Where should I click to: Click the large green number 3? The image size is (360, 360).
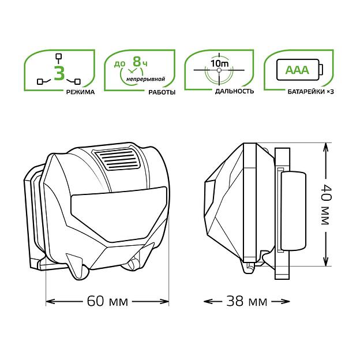point(59,73)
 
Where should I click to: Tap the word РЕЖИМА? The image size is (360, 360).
point(80,92)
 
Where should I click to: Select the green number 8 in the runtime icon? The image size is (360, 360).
point(137,62)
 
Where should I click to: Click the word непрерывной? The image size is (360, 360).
point(145,79)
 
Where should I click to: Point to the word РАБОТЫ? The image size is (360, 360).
point(162,92)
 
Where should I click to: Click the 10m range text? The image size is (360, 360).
point(219,63)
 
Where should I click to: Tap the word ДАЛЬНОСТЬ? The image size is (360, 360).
point(234,91)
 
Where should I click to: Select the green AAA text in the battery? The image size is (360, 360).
point(297,70)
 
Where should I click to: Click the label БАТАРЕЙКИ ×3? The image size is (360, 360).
point(310,92)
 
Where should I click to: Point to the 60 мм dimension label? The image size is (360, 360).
point(107,301)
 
